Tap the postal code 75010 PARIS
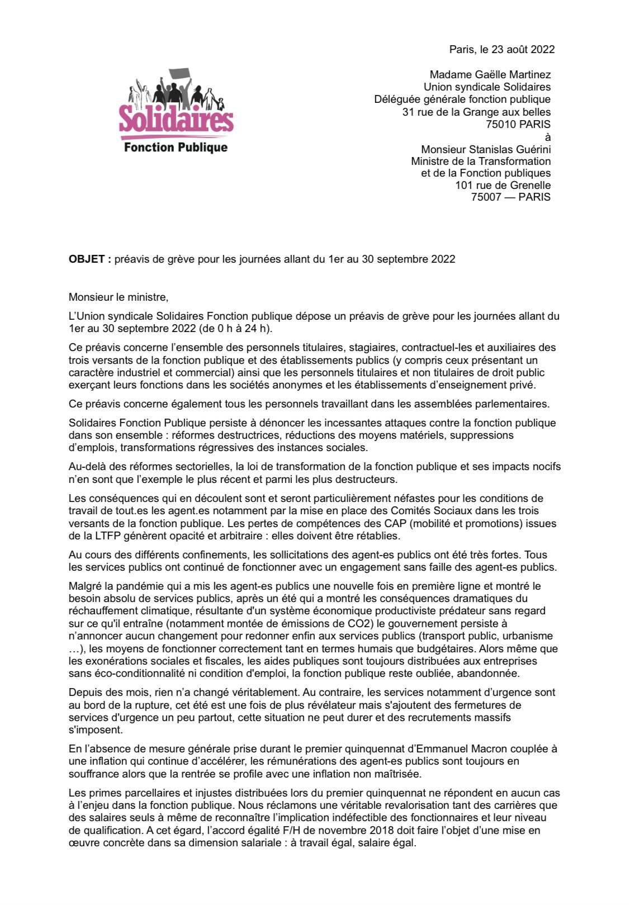tap(518, 124)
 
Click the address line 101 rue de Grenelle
tap(503, 185)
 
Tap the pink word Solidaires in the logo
tap(176, 119)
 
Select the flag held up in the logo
tap(179, 73)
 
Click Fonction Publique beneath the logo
tap(176, 148)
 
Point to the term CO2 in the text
tap(356, 623)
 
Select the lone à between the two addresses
tap(547, 137)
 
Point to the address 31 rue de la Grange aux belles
tap(476, 112)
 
